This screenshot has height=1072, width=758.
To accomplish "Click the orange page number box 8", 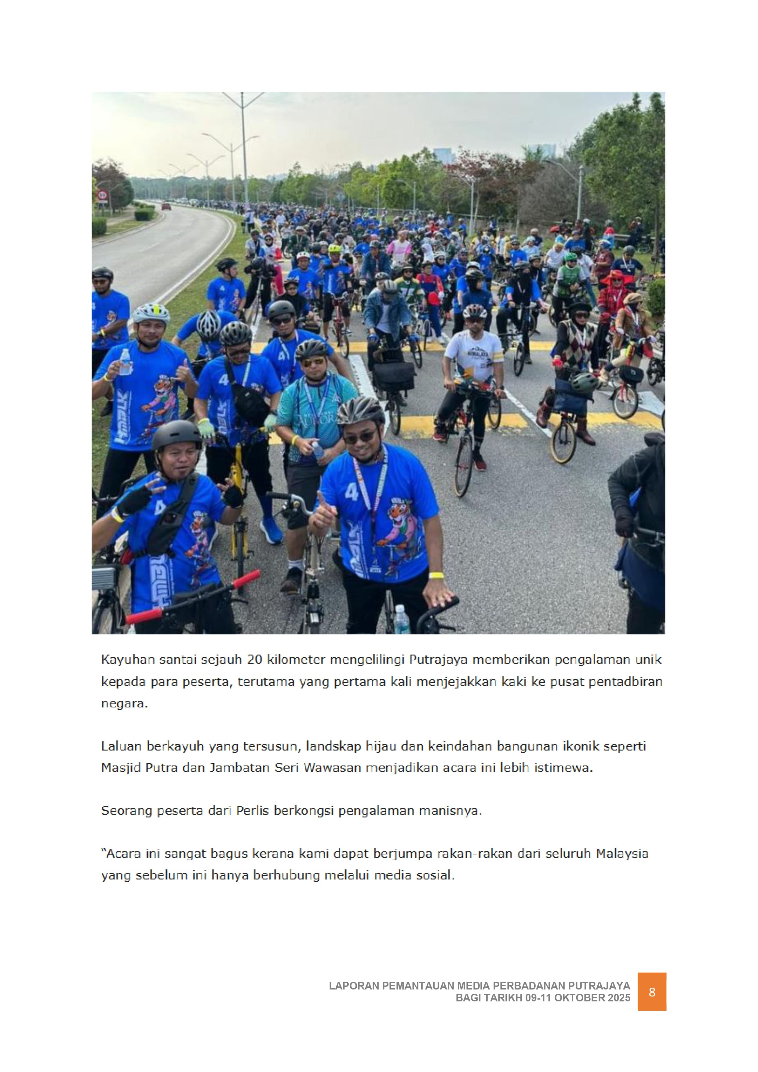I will pyautogui.click(x=652, y=1005).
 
